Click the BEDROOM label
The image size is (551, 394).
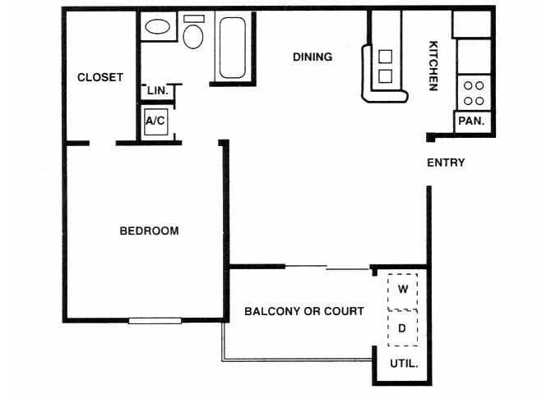click(x=149, y=231)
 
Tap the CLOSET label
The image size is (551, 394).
click(x=100, y=77)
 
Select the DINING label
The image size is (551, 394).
click(x=313, y=57)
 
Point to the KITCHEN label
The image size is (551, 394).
click(x=433, y=66)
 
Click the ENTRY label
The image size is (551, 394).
click(x=446, y=163)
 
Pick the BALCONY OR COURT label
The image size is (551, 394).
click(x=304, y=311)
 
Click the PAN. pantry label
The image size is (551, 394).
click(x=471, y=121)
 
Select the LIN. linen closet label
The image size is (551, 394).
click(x=158, y=91)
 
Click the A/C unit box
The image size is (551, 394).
click(x=155, y=121)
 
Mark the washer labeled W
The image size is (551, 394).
click(x=403, y=289)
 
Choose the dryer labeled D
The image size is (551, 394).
click(x=402, y=328)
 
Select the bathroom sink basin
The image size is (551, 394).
click(x=157, y=27)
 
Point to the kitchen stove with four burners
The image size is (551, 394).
click(x=472, y=92)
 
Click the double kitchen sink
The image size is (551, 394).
click(x=385, y=67)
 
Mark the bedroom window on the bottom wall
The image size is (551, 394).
click(x=155, y=320)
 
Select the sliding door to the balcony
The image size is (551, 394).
click(x=327, y=267)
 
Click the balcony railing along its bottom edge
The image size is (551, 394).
click(x=296, y=359)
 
